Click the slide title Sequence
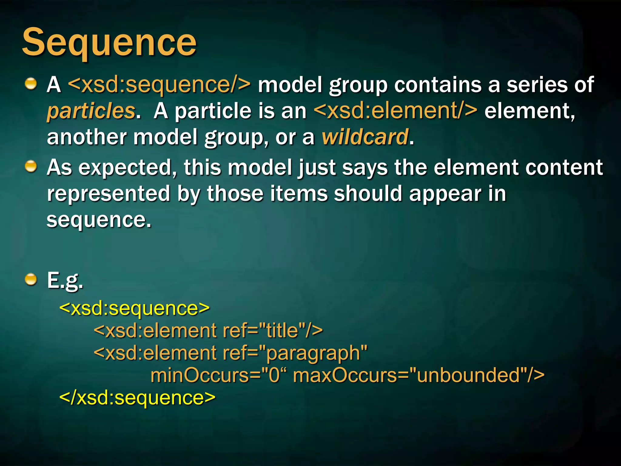pyautogui.click(x=109, y=42)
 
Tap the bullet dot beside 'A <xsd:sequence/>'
pyautogui.click(x=31, y=83)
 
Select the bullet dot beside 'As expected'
pyautogui.click(x=31, y=166)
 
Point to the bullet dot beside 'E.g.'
pyautogui.click(x=31, y=279)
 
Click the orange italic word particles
pyautogui.click(x=91, y=111)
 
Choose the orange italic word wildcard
pyautogui.click(x=365, y=137)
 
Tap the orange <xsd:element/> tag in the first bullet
pyautogui.click(x=395, y=111)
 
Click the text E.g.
pyautogui.click(x=65, y=280)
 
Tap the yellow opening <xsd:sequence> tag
pyautogui.click(x=134, y=308)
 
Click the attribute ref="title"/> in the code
pyautogui.click(x=273, y=330)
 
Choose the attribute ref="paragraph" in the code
pyautogui.click(x=295, y=353)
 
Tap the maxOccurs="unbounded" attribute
pyautogui.click(x=418, y=376)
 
